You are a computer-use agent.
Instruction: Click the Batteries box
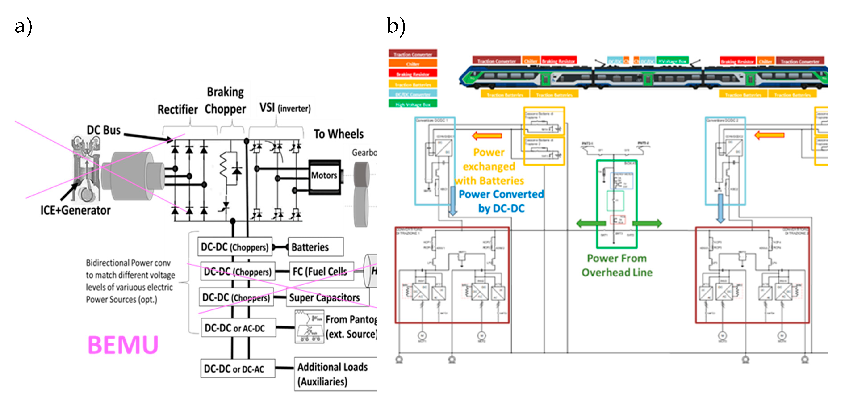click(315, 247)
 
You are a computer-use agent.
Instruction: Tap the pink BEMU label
click(123, 345)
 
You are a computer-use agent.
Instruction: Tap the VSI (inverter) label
click(285, 107)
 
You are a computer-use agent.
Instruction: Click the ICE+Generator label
click(75, 210)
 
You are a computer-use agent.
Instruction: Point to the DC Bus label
click(103, 130)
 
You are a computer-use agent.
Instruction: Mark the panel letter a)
click(24, 26)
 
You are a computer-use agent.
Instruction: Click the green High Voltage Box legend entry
click(413, 104)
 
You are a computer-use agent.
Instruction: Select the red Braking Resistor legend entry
click(413, 74)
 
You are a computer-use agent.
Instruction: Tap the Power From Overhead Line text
click(617, 265)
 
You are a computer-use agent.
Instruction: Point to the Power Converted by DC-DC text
click(501, 201)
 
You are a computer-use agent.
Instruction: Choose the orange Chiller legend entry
click(413, 63)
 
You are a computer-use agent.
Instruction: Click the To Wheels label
click(338, 134)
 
